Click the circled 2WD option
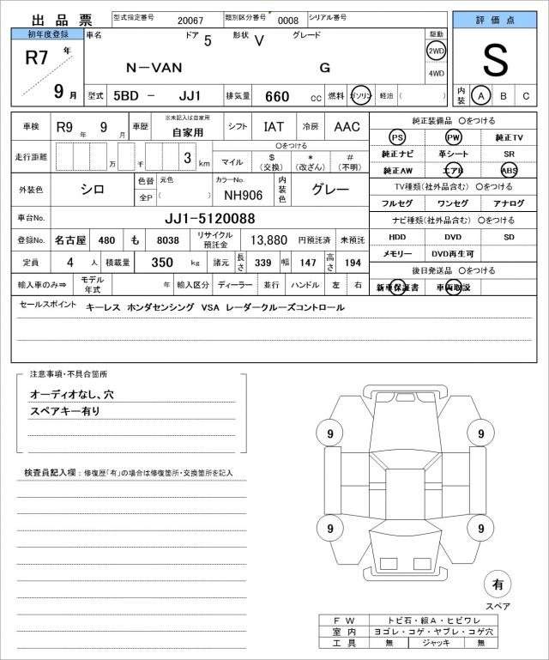coord(436,51)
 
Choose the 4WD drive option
coord(436,73)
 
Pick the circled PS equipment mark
coord(397,137)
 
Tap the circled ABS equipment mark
coord(509,170)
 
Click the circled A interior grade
coord(482,95)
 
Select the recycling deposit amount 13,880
coord(268,241)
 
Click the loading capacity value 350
coord(163,262)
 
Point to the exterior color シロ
coord(93,190)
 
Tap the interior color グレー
coord(329,190)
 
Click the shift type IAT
coord(274,127)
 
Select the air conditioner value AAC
coord(347,127)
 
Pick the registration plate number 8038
coord(168,241)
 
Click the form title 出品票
coord(52,20)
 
